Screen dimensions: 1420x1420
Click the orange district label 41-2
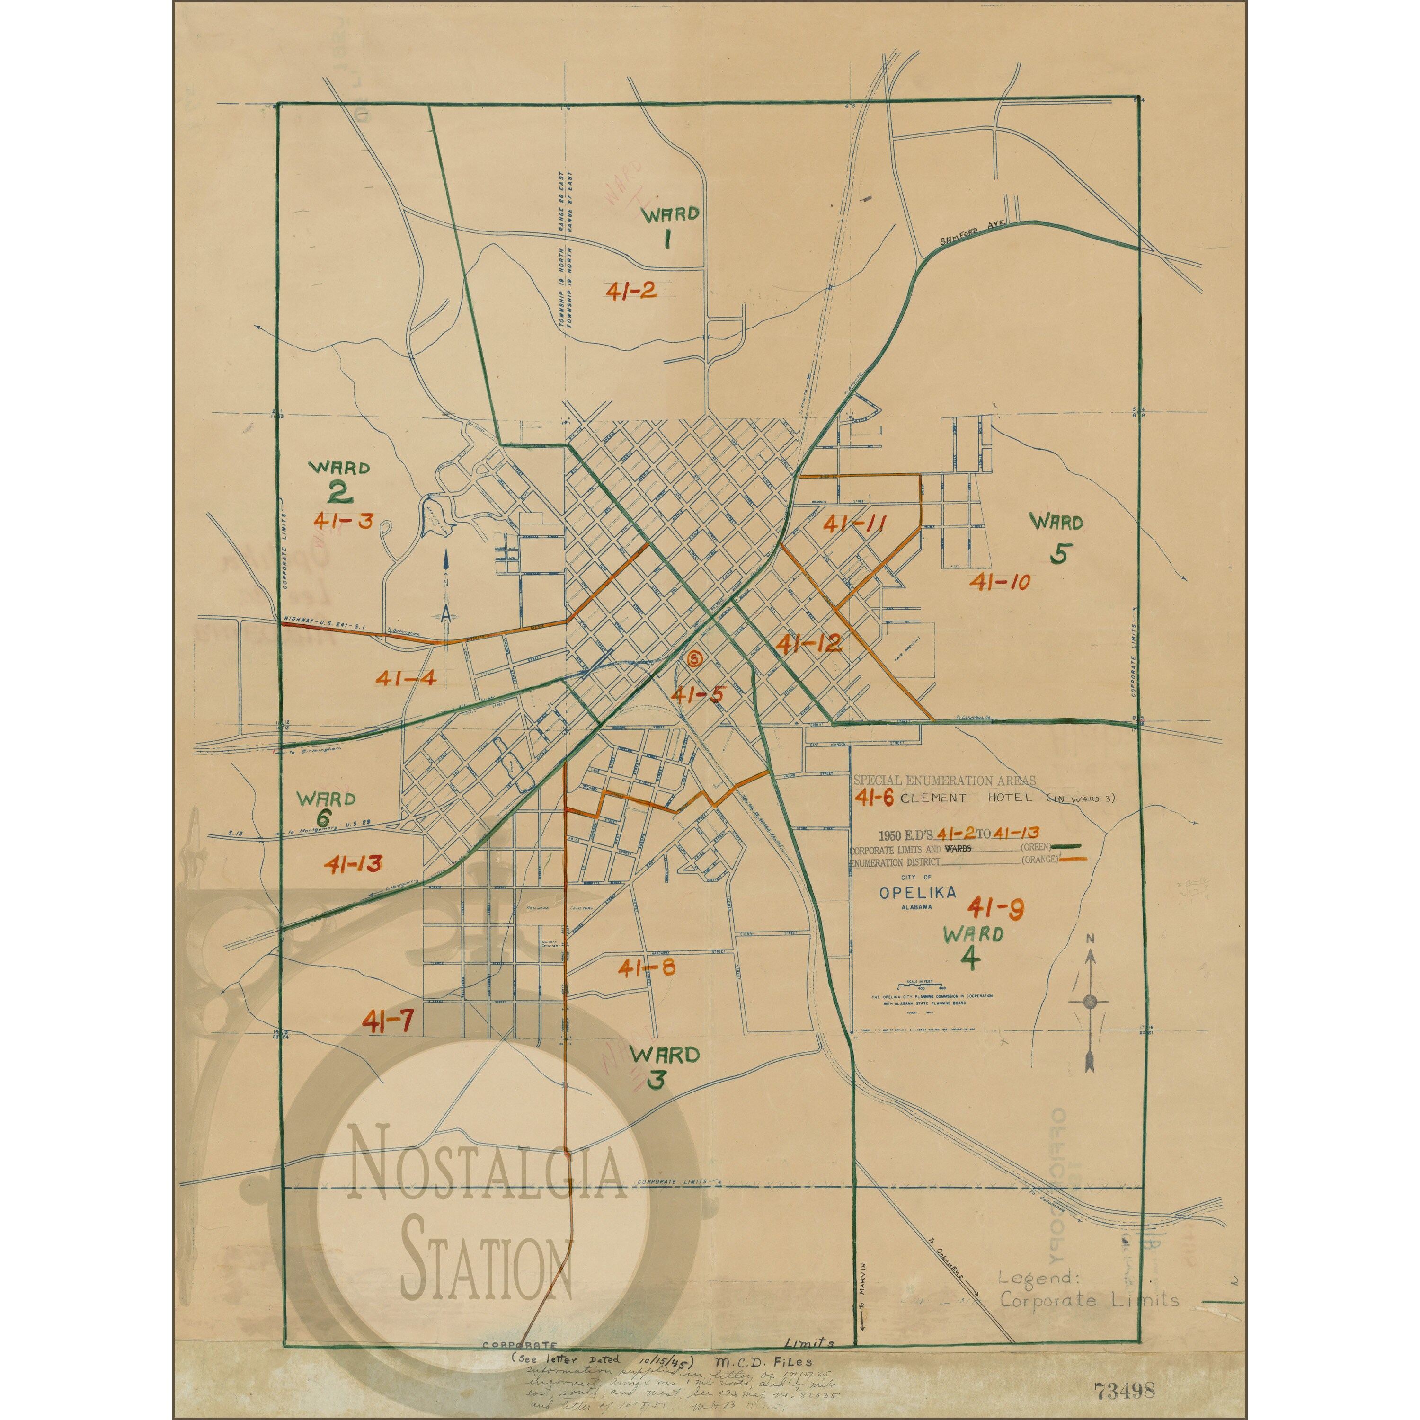point(631,291)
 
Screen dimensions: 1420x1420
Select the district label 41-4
point(406,678)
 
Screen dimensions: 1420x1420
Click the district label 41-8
point(646,968)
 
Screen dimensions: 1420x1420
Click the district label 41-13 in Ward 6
point(353,864)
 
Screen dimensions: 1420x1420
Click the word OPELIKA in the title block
point(917,892)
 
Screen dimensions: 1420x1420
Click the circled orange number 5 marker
point(694,658)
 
